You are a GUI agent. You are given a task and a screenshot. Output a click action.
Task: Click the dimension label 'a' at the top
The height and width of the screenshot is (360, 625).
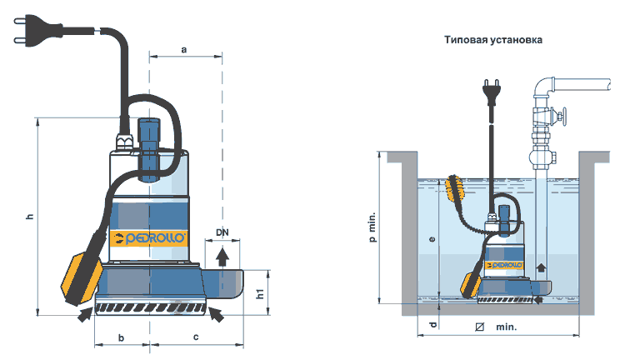pyautogui.click(x=184, y=50)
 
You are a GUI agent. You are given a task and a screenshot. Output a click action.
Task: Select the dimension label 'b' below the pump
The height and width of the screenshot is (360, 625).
pyautogui.click(x=121, y=337)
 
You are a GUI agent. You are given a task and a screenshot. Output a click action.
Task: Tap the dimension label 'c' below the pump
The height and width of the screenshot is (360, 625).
pyautogui.click(x=196, y=337)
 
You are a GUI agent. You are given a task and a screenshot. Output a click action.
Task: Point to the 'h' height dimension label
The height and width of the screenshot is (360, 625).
pyautogui.click(x=30, y=217)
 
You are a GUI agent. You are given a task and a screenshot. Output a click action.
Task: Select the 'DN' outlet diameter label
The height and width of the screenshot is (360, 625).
pyautogui.click(x=222, y=232)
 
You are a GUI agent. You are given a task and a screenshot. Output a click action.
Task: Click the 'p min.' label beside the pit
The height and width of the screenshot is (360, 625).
pyautogui.click(x=372, y=227)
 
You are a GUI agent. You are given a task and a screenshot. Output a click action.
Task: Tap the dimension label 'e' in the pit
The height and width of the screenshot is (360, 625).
pyautogui.click(x=432, y=239)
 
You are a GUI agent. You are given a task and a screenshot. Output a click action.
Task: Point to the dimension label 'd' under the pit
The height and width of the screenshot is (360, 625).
pyautogui.click(x=432, y=325)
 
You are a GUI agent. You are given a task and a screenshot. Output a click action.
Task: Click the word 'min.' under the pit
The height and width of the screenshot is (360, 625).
pyautogui.click(x=506, y=327)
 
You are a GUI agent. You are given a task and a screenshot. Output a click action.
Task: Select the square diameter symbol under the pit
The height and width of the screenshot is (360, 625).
pyautogui.click(x=479, y=327)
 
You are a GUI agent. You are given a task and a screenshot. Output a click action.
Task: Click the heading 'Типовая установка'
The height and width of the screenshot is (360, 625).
pyautogui.click(x=493, y=40)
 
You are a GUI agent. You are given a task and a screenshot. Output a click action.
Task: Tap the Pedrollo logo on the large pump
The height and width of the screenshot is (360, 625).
pyautogui.click(x=149, y=238)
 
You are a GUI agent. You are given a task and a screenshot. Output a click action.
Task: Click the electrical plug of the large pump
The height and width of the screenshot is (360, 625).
pyautogui.click(x=37, y=32)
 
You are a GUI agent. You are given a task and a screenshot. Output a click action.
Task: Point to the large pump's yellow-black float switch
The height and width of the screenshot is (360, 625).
pyautogui.click(x=82, y=277)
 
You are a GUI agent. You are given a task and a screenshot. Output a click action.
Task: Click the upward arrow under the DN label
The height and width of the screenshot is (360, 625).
pyautogui.click(x=222, y=257)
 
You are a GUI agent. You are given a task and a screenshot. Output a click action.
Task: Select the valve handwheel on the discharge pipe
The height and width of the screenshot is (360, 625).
pyautogui.click(x=561, y=117)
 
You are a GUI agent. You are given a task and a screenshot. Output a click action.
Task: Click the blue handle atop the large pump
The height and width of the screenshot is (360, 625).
pyautogui.click(x=148, y=149)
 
